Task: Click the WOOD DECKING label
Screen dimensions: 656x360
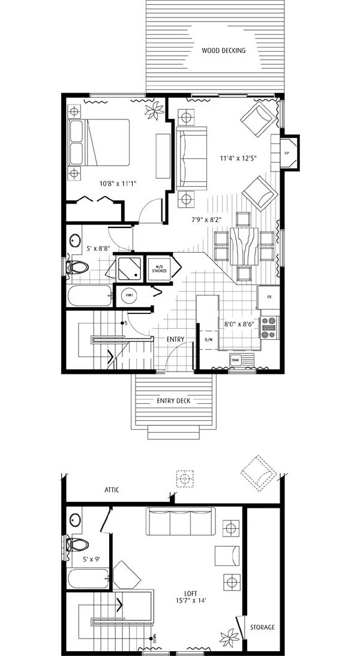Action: pos(224,50)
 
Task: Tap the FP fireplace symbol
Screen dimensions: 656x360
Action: pos(287,152)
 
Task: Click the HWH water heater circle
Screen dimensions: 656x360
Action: pos(129,296)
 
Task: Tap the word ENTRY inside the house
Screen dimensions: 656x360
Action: pos(175,340)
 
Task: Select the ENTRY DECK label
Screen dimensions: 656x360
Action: pos(174,401)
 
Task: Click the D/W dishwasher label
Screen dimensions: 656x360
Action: pos(209,340)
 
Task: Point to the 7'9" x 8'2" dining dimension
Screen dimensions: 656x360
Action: pos(203,219)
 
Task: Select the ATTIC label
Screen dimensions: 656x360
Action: pos(112,490)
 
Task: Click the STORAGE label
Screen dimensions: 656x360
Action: pos(262,627)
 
